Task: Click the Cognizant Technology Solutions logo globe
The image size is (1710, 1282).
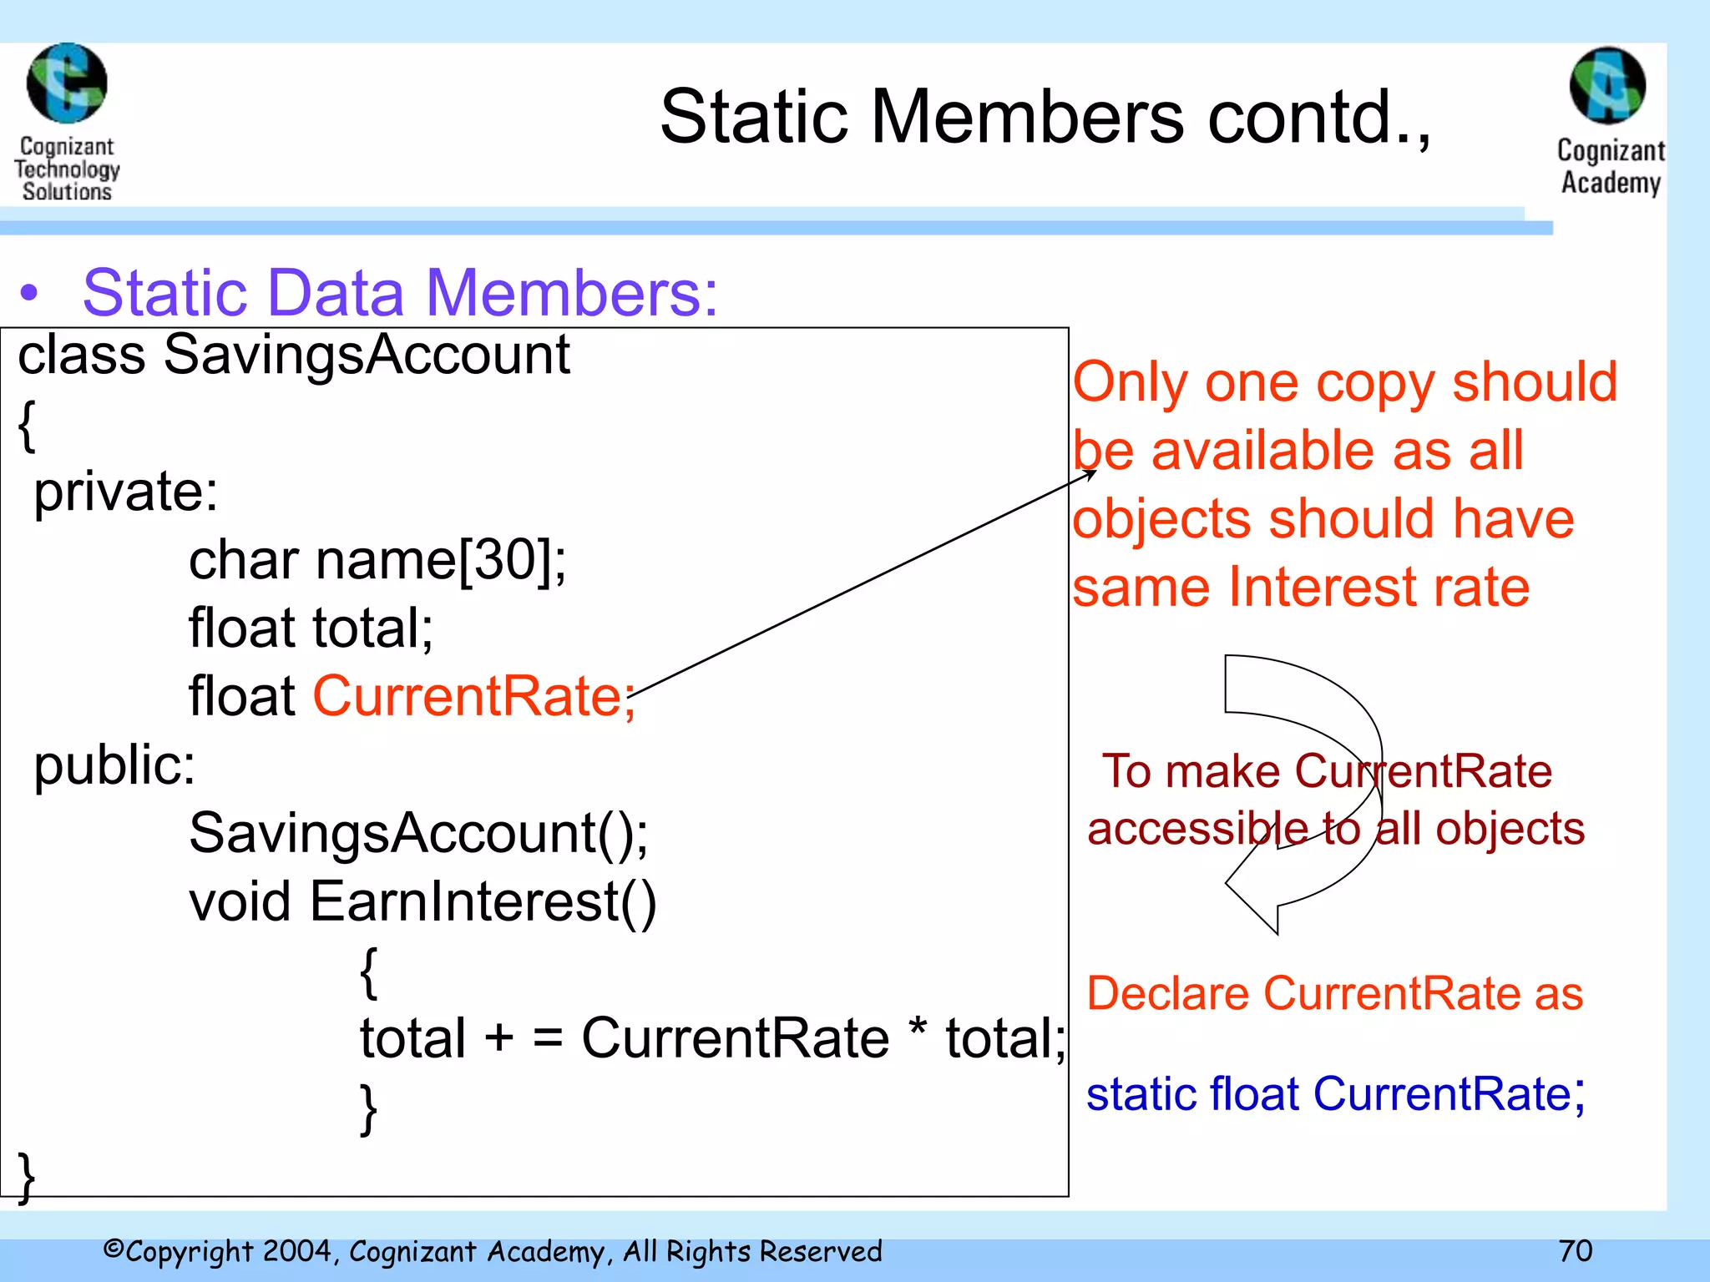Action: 67,83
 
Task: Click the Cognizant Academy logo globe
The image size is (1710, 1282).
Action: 1607,86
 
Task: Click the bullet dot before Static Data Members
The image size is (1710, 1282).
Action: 29,294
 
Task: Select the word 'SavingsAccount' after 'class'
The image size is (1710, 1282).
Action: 367,355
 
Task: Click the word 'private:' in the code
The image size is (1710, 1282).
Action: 125,492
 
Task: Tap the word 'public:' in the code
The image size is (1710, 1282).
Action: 114,765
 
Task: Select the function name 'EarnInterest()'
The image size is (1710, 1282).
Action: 483,901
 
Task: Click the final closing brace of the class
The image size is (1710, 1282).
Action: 27,1177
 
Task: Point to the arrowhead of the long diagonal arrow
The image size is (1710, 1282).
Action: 1092,473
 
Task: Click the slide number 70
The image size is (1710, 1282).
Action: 1576,1250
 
